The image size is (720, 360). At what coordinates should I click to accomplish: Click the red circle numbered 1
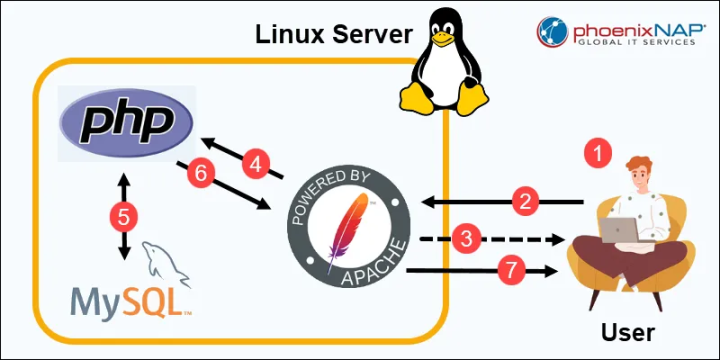[597, 153]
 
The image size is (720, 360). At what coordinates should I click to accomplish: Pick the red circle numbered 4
[256, 165]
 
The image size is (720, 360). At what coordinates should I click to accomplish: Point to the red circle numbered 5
[124, 215]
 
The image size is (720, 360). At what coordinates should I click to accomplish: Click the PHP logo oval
[126, 122]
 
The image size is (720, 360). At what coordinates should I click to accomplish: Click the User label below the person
[627, 331]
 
